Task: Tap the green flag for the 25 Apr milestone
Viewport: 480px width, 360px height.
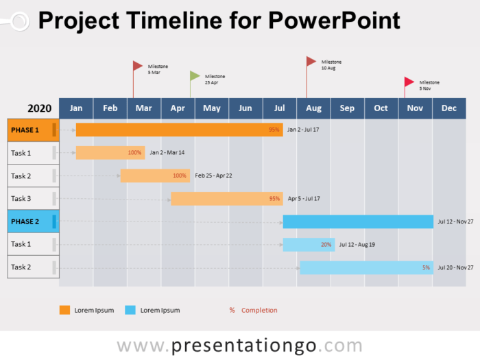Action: click(x=195, y=75)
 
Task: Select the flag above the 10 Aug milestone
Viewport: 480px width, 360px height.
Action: click(x=311, y=61)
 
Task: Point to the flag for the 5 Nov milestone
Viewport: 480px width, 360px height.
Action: click(x=409, y=82)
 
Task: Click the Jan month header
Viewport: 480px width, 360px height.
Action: click(x=76, y=108)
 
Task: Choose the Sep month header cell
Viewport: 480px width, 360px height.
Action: click(x=347, y=108)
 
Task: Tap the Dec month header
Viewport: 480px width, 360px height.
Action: click(x=449, y=108)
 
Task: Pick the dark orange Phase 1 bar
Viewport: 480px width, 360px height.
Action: click(x=178, y=130)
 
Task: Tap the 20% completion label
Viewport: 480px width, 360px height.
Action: click(x=326, y=244)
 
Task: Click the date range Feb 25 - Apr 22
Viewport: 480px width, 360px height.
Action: click(x=213, y=176)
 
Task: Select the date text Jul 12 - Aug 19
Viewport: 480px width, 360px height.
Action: click(x=357, y=244)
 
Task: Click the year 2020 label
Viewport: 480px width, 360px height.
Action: click(x=40, y=108)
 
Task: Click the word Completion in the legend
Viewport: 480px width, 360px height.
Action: click(x=259, y=310)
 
